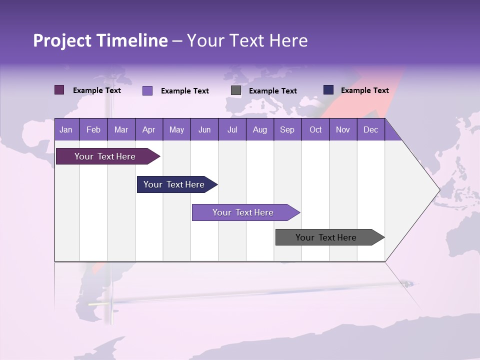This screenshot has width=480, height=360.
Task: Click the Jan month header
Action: tap(66, 129)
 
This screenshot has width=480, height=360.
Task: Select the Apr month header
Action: tap(148, 129)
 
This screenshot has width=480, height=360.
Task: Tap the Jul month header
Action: tap(232, 129)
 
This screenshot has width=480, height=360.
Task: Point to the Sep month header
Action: tap(287, 129)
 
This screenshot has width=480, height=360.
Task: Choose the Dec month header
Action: tap(370, 129)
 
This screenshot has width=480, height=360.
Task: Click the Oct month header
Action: tap(315, 129)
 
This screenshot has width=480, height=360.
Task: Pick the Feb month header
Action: tap(93, 129)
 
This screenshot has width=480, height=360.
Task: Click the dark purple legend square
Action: tap(59, 90)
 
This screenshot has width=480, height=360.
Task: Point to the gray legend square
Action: tap(236, 90)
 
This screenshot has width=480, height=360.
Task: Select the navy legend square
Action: tap(328, 90)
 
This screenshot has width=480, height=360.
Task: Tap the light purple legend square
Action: tap(147, 90)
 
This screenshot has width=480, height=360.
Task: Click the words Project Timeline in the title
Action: tap(100, 40)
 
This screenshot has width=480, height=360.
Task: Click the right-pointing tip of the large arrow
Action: tap(438, 190)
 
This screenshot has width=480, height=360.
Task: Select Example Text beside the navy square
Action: tap(364, 90)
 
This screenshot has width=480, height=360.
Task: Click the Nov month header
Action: tap(343, 129)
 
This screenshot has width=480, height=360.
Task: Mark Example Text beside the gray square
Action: tap(272, 91)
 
